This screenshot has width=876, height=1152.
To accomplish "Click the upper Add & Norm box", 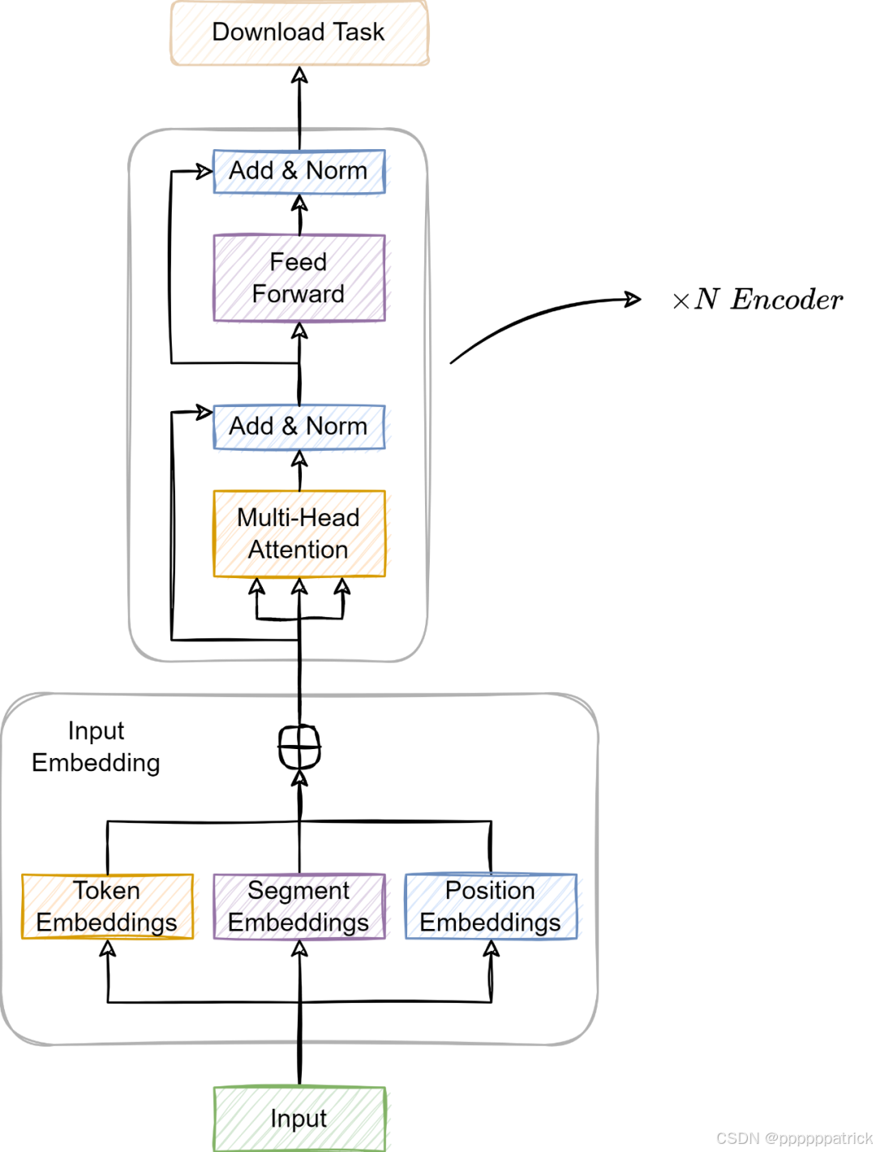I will [x=298, y=171].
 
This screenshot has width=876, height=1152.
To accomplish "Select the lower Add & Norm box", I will [x=298, y=426].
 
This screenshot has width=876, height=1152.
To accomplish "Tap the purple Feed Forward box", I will [x=298, y=277].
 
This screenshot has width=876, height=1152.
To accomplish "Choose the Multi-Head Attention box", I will [x=298, y=533].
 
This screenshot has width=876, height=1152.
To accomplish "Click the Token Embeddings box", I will [x=107, y=906].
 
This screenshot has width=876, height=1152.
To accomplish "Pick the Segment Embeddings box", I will [x=298, y=906].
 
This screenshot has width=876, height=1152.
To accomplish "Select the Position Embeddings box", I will [x=490, y=906].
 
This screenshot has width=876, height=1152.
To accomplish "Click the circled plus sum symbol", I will [x=299, y=746].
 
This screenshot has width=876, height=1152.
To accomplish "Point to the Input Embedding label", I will [x=96, y=747].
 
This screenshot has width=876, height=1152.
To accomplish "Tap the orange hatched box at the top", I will [x=298, y=33].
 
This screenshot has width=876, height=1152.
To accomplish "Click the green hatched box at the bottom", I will [x=298, y=1118].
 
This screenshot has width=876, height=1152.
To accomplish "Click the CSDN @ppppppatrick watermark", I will [x=792, y=1137].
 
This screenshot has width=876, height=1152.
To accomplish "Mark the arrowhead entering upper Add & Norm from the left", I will [x=204, y=171].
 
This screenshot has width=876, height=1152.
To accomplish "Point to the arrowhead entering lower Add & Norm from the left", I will [x=204, y=413].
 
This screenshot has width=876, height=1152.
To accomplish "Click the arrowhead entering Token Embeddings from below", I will [x=107, y=948].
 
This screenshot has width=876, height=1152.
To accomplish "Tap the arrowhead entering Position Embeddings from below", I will [x=491, y=948].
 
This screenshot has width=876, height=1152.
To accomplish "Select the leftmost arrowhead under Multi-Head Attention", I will [x=257, y=585].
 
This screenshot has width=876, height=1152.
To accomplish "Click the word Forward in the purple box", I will [x=298, y=293].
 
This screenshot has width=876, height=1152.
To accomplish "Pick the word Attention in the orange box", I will [x=298, y=550].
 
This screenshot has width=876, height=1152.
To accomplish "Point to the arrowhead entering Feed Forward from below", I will [x=299, y=330].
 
